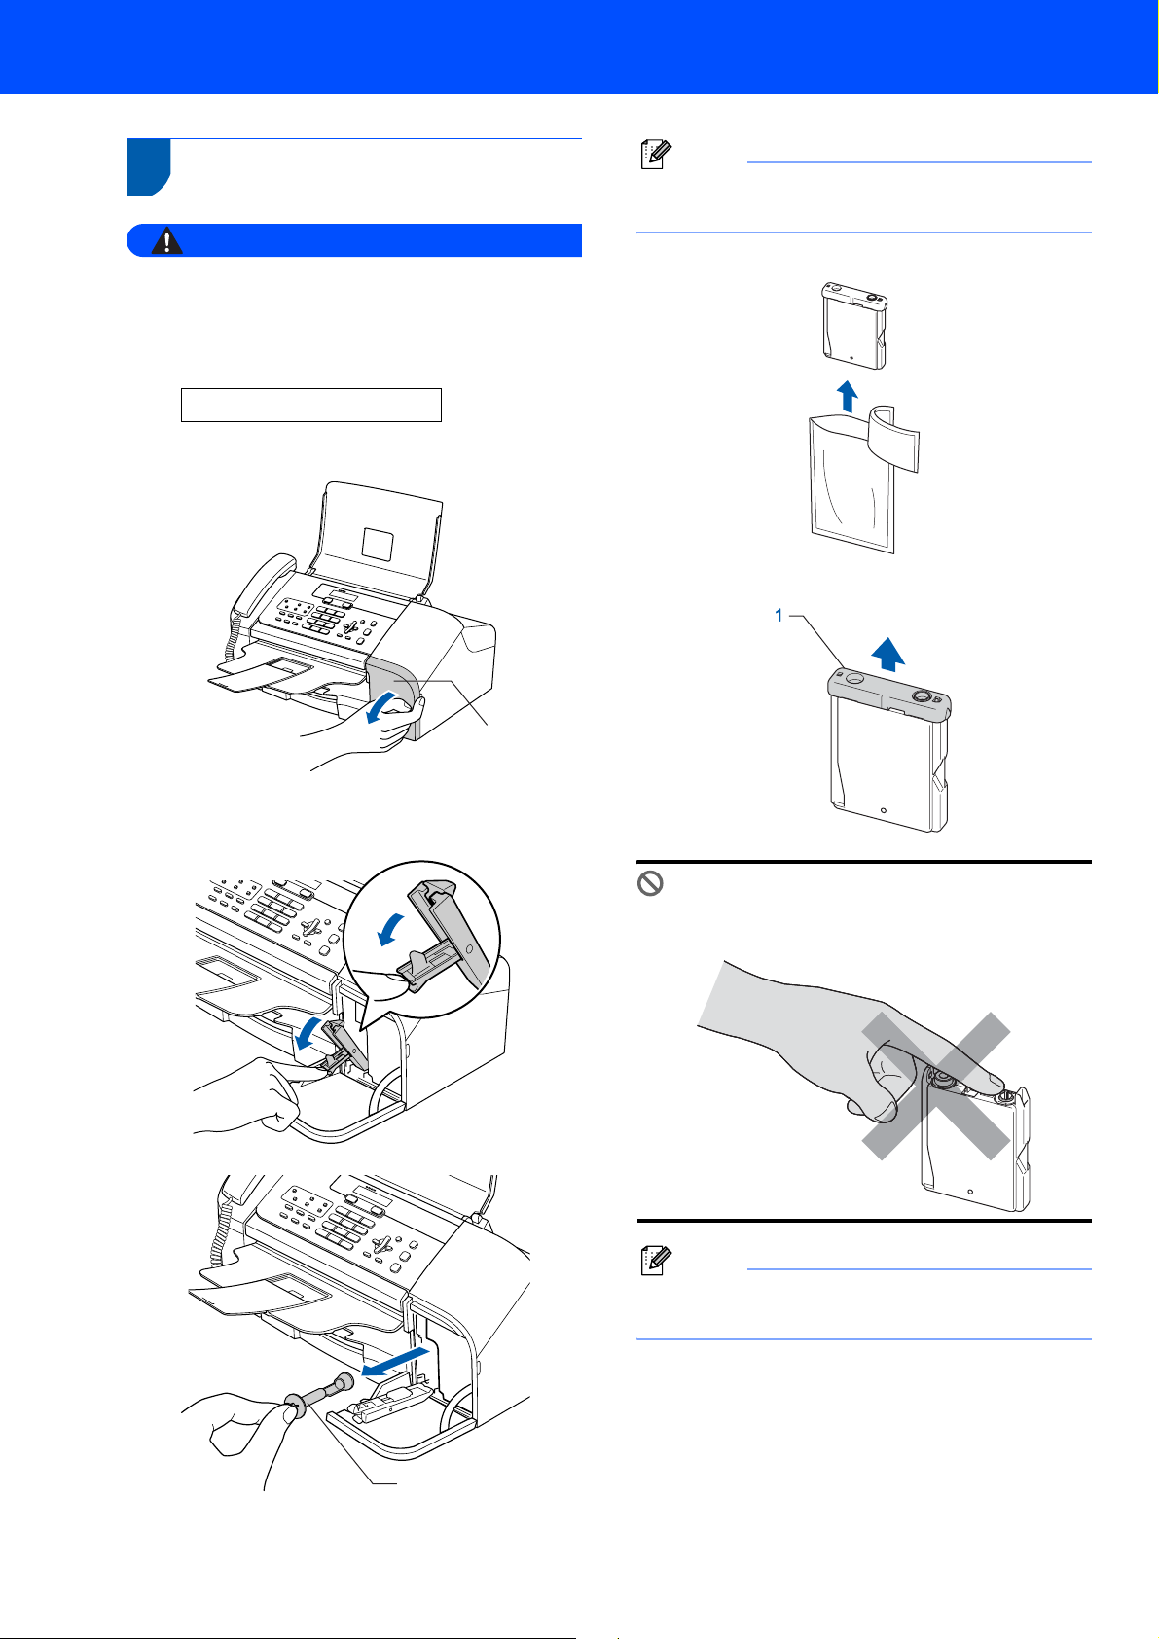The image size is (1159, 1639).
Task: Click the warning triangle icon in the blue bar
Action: (x=167, y=240)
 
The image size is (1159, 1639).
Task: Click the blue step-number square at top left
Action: (x=149, y=167)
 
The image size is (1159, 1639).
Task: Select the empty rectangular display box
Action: (x=311, y=405)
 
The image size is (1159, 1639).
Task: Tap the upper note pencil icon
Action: (x=656, y=155)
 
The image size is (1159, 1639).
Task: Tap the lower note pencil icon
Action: (x=656, y=1261)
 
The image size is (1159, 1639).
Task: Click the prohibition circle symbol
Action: (x=650, y=883)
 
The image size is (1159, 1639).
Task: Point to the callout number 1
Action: (x=779, y=616)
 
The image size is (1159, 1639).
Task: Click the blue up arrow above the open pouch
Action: (x=847, y=396)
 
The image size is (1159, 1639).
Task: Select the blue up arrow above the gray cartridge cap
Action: (x=888, y=654)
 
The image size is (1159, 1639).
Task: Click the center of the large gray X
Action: (x=936, y=1086)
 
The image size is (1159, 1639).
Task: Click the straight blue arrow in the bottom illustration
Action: (x=395, y=1362)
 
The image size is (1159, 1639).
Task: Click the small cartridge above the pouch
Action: (x=854, y=325)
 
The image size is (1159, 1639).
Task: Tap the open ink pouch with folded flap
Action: (x=863, y=479)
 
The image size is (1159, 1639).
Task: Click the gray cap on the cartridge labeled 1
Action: (x=888, y=693)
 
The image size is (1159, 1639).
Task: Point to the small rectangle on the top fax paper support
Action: (x=378, y=544)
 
